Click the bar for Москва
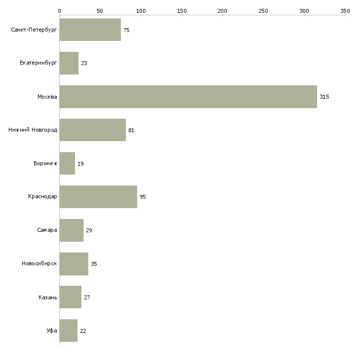pos(188,97)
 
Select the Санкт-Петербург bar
pos(90,30)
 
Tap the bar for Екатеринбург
pos(69,63)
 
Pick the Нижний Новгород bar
pos(93,130)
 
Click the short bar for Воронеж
pos(67,163)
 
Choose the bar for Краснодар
pos(98,197)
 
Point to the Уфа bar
pos(69,330)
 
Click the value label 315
pos(324,97)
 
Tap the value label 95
pos(143,197)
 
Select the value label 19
pos(80,164)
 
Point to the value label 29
pos(89,230)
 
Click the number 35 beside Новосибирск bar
pos(94,264)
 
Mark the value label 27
pos(87,297)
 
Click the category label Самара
pos(47,230)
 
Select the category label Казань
pos(48,297)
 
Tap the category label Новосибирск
pos(39,263)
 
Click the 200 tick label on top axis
pos(222,11)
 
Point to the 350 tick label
pos(345,11)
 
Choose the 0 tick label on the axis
pos(59,11)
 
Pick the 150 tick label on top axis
pos(181,11)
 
